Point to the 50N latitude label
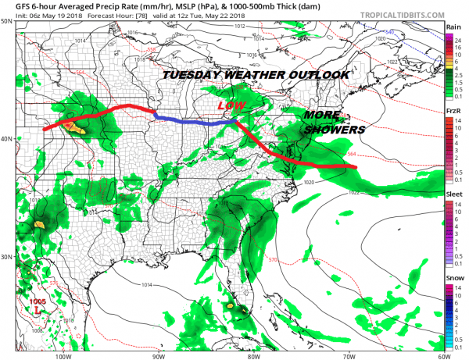5,21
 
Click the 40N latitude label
5,139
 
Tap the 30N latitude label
5,257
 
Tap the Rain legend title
452,27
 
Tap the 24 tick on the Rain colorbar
461,38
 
